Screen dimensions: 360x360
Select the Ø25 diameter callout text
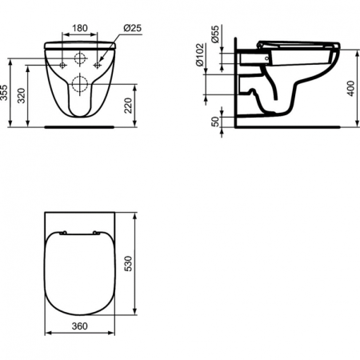(133, 29)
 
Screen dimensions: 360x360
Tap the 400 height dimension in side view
(351, 86)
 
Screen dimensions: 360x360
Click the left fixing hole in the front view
(62, 62)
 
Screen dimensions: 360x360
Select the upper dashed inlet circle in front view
(80, 58)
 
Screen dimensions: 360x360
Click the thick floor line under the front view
(80, 126)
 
